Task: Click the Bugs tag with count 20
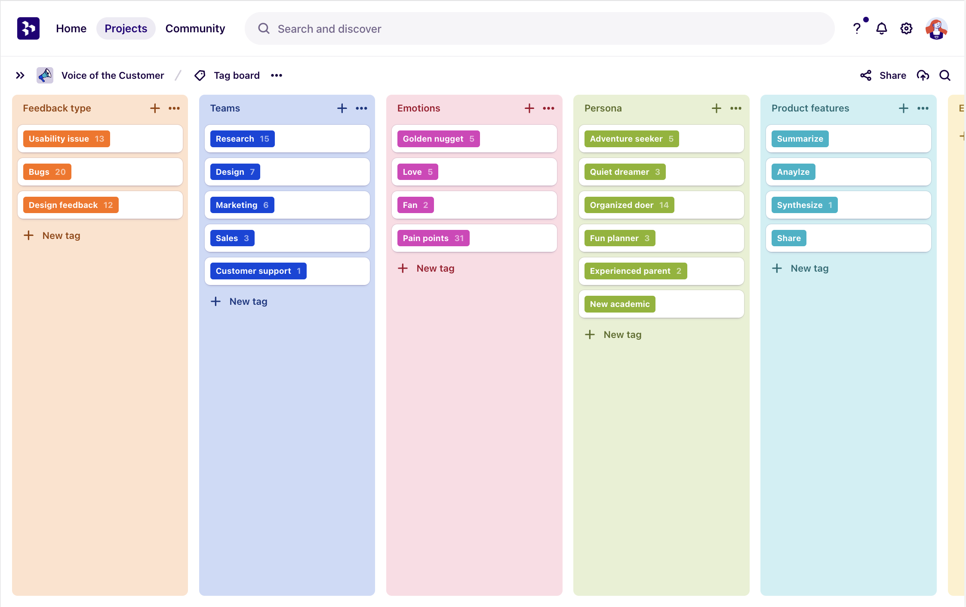pyautogui.click(x=47, y=172)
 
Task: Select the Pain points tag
pyautogui.click(x=433, y=238)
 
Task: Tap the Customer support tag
pyautogui.click(x=258, y=271)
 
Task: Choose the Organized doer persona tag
pyautogui.click(x=629, y=205)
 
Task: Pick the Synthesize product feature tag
pyautogui.click(x=804, y=205)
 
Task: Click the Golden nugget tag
pyautogui.click(x=438, y=139)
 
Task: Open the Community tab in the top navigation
pyautogui.click(x=195, y=28)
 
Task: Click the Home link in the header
pyautogui.click(x=71, y=28)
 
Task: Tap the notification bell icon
pyautogui.click(x=881, y=28)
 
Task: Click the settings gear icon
pyautogui.click(x=906, y=28)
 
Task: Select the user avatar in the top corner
pyautogui.click(x=936, y=28)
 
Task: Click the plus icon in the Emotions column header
pyautogui.click(x=529, y=108)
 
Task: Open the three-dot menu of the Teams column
pyautogui.click(x=361, y=108)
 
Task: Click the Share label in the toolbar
pyautogui.click(x=892, y=75)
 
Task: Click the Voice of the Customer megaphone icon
pyautogui.click(x=45, y=75)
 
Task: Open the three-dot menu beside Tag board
pyautogui.click(x=277, y=75)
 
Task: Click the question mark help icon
pyautogui.click(x=856, y=28)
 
